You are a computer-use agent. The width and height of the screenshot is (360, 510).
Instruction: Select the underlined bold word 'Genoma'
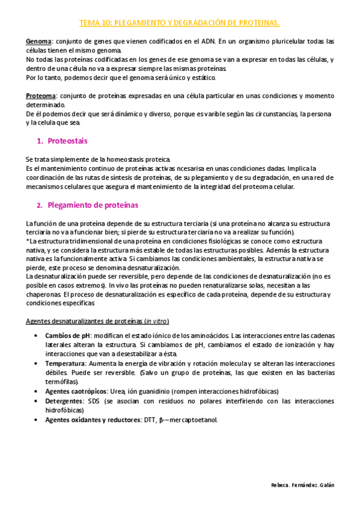[x=38, y=41]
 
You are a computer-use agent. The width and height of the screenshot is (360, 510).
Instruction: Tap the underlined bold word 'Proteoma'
[x=40, y=96]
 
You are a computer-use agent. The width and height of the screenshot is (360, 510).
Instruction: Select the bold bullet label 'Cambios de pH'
[x=67, y=335]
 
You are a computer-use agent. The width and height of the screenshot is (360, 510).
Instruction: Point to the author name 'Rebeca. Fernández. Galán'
[x=302, y=485]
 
